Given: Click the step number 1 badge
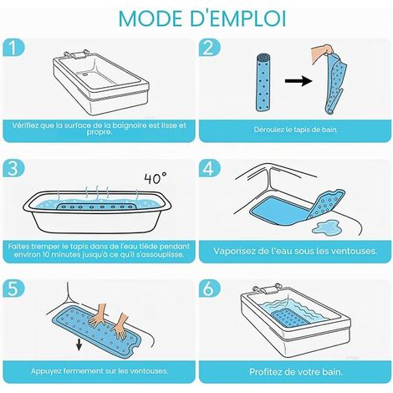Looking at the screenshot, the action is pos(13,48).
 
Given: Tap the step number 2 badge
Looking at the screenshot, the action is pos(209,48).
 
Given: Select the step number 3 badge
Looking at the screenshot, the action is pos(13,168).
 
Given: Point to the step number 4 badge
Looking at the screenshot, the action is pos(209,168).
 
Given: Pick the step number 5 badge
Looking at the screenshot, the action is pos(13,288).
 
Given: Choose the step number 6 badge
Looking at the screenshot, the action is pos(209,288).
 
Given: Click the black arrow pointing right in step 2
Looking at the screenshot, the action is pos(299,81).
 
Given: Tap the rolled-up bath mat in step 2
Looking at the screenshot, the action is pos(263,83).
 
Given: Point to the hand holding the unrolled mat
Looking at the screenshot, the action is pos(322,54).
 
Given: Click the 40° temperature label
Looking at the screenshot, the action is pos(156,178).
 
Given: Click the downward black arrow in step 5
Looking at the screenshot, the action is pos(79,345).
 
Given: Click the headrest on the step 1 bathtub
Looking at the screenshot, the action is pos(76,54).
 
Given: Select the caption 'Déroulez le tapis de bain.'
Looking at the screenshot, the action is pos(295,130).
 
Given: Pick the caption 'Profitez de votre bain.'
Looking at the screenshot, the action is pos(296,372).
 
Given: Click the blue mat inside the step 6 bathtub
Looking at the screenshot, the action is pos(290,319).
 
